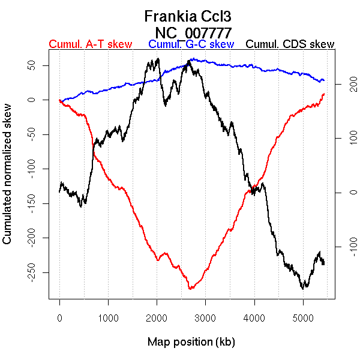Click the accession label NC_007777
click(x=192, y=31)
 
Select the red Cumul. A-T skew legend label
click(x=90, y=44)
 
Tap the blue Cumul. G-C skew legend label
click(x=191, y=44)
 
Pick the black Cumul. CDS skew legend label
click(x=290, y=44)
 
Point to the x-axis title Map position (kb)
click(x=191, y=343)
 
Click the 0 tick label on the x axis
click(x=59, y=318)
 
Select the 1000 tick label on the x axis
click(x=108, y=318)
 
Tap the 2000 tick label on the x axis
click(x=157, y=318)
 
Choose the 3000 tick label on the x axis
click(x=205, y=318)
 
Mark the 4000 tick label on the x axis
click(x=254, y=318)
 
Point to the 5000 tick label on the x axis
click(x=302, y=318)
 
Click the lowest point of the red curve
click(x=190, y=289)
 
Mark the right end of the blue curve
click(x=323, y=80)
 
